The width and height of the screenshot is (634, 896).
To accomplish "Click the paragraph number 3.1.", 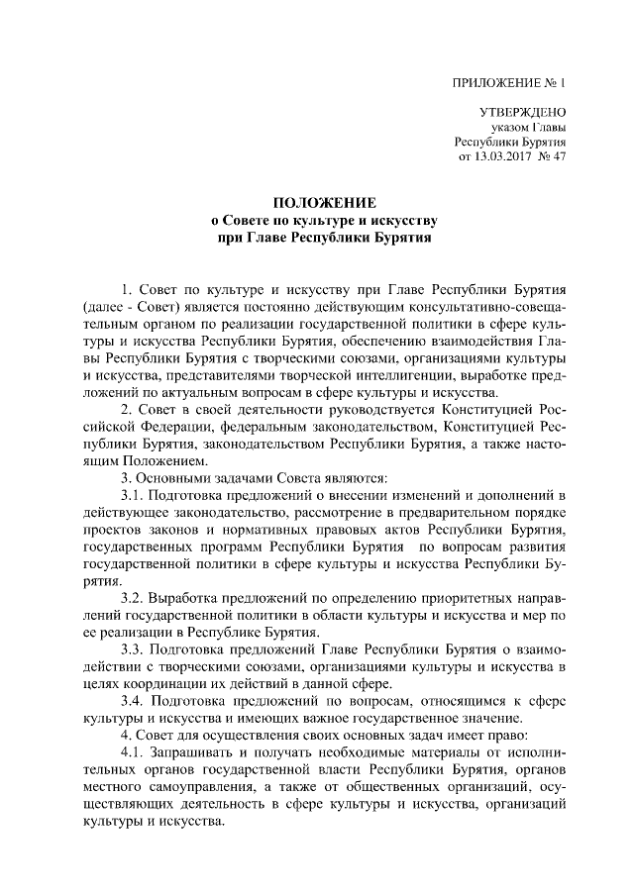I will point(132,494).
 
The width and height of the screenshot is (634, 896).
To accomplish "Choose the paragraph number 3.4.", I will point(132,700).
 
